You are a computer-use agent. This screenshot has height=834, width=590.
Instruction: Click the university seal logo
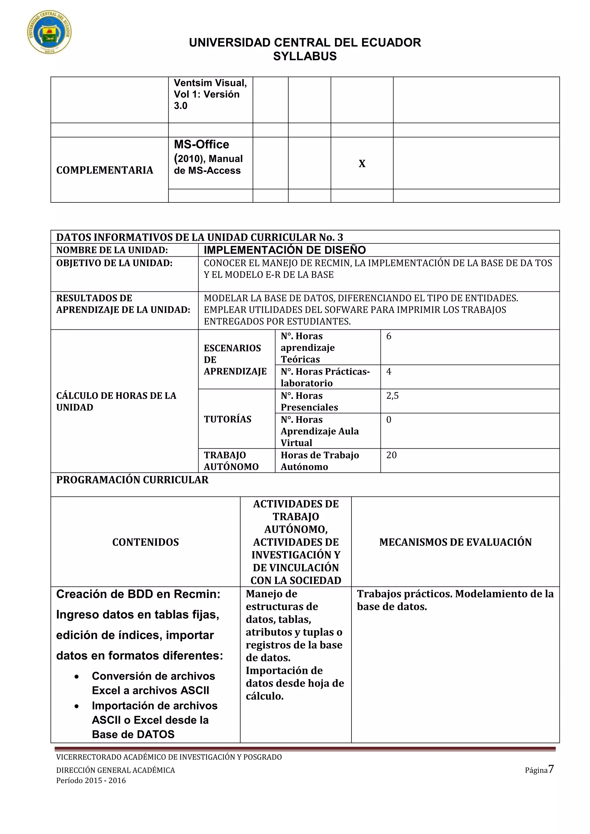click(50, 32)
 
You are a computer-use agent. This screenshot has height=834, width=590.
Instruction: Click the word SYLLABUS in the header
click(305, 56)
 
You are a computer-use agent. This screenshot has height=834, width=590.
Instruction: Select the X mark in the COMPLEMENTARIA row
click(362, 164)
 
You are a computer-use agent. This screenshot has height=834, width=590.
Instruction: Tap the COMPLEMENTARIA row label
click(105, 170)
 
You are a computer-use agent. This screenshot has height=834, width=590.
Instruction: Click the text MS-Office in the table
click(201, 144)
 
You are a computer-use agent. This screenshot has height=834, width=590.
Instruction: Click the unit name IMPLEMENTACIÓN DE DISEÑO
click(284, 250)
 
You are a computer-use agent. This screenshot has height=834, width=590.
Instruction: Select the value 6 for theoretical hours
click(389, 336)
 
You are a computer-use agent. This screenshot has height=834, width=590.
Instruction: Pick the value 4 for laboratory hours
click(389, 371)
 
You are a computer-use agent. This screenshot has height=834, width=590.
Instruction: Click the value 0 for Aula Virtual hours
click(389, 420)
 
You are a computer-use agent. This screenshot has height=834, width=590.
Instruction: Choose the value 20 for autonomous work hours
click(391, 455)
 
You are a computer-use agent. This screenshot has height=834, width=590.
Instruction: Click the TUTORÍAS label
click(227, 419)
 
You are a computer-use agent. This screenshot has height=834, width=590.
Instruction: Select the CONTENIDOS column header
click(145, 542)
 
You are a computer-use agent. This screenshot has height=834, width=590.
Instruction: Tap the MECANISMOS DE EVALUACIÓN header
click(455, 542)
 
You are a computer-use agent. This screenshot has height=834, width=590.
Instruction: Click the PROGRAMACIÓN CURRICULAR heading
click(132, 479)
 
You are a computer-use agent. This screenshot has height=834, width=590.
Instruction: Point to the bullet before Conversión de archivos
click(77, 677)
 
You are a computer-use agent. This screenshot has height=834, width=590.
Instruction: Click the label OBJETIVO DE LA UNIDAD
click(114, 263)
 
